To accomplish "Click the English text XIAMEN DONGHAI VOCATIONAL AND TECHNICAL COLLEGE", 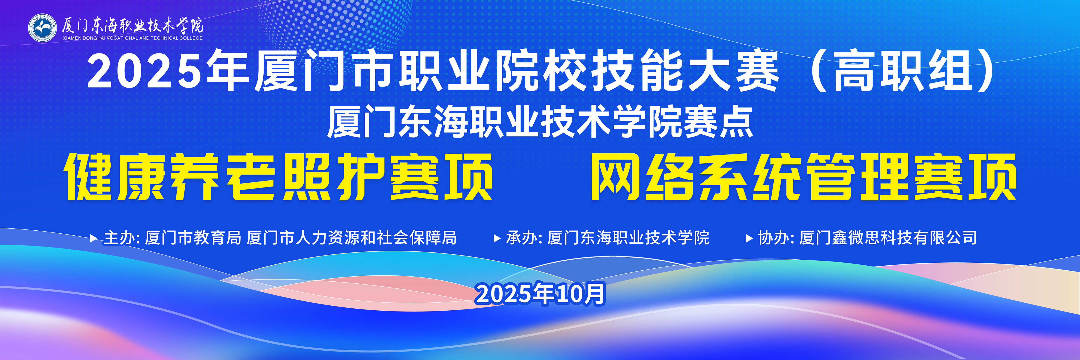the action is [132, 38].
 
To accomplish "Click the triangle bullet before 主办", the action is [94, 238].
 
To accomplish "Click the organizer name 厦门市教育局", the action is [193, 238].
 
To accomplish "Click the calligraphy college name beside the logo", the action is [132, 25].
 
